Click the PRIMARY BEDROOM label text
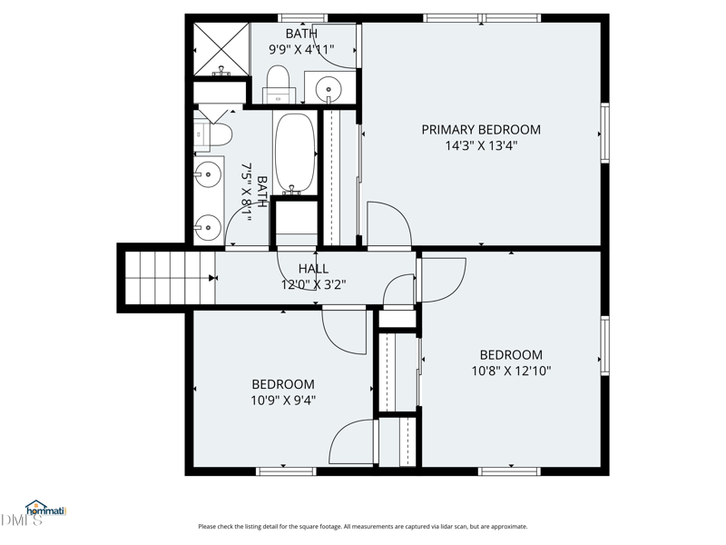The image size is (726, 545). (481, 130)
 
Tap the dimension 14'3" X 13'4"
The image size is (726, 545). (481, 145)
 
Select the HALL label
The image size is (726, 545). (313, 269)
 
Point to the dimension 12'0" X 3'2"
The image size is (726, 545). (313, 284)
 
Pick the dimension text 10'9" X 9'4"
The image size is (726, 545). (283, 400)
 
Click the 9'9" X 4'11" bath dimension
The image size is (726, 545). (301, 50)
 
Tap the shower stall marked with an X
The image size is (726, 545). (221, 49)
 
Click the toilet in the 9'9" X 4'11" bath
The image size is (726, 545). (277, 82)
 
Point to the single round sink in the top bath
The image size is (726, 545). (329, 89)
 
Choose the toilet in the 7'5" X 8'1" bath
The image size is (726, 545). (214, 134)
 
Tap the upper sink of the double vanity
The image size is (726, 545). (208, 172)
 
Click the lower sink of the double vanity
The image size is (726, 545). (208, 224)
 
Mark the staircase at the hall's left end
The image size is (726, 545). (169, 278)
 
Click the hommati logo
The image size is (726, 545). (42, 510)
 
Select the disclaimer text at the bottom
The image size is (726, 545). (362, 527)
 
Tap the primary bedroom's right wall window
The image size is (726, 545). (604, 134)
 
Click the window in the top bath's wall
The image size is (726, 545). (302, 17)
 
